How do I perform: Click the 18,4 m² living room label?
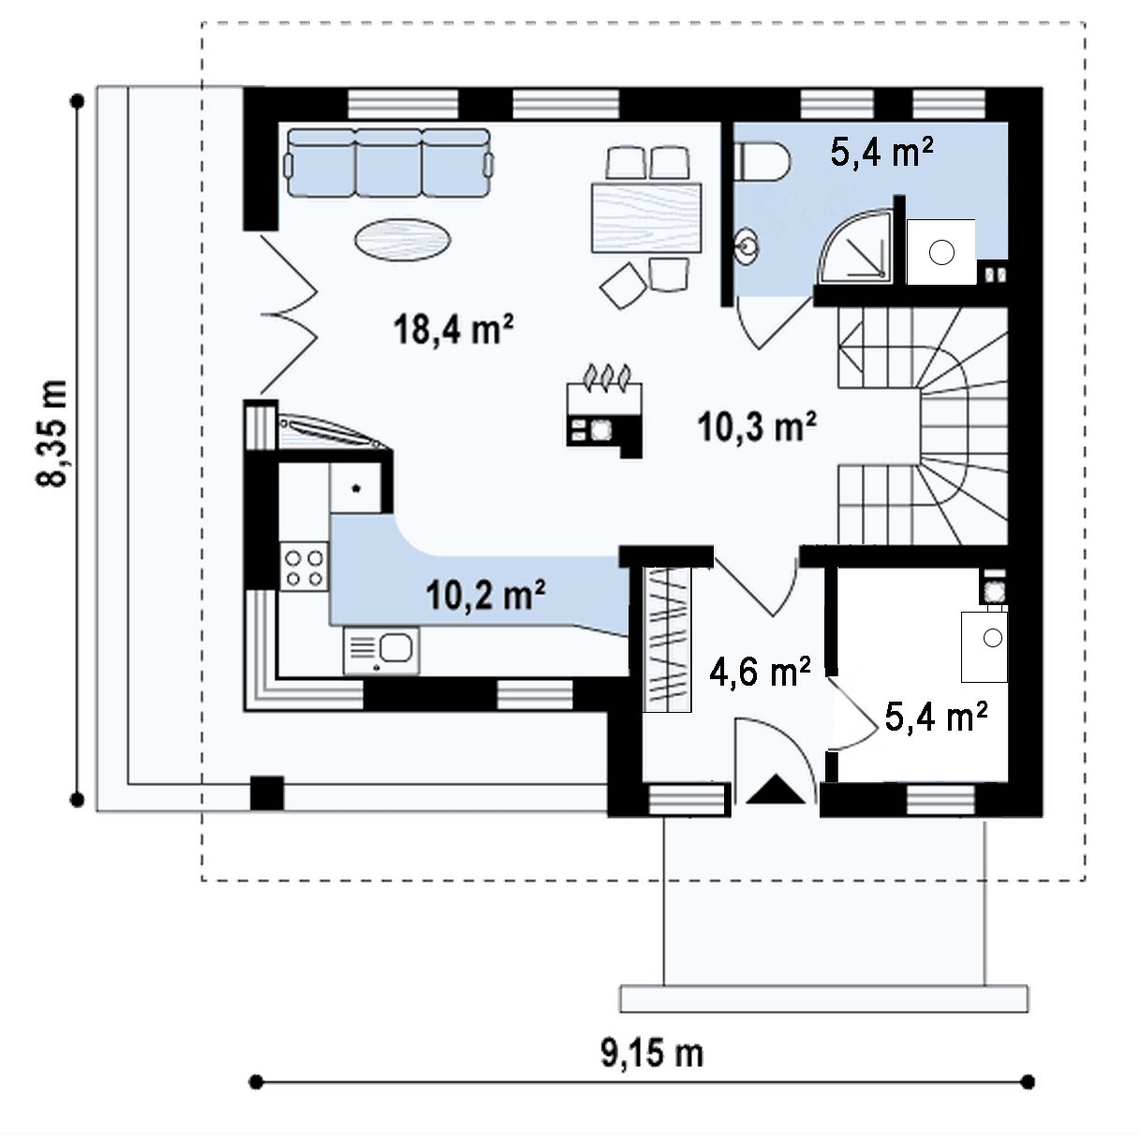tap(453, 329)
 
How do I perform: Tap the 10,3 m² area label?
tap(757, 426)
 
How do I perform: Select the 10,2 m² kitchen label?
tap(486, 595)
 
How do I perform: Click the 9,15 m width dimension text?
tap(652, 1053)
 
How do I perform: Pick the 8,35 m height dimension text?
tap(52, 434)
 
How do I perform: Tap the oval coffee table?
tap(402, 240)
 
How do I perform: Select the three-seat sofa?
tap(389, 163)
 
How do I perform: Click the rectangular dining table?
tap(646, 217)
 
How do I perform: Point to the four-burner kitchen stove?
tap(304, 568)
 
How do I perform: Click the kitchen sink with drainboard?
tap(381, 651)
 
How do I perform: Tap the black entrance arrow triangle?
tap(775, 789)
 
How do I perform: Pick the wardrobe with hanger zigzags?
tap(667, 640)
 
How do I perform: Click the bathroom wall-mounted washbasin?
tap(747, 244)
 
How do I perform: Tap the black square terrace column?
tap(267, 792)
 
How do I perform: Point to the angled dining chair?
tap(623, 286)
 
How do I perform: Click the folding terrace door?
tap(289, 314)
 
